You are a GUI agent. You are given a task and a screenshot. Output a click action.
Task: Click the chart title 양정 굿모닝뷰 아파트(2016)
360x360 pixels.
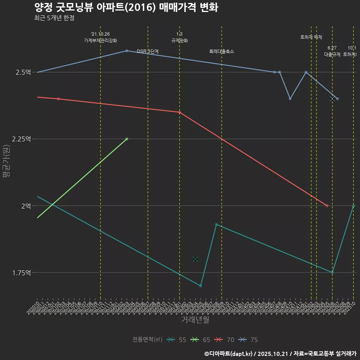(126, 7)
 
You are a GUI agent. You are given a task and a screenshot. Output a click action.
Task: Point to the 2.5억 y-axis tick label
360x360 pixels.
(23, 72)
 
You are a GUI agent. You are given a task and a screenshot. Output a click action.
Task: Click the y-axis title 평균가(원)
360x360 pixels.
(7, 161)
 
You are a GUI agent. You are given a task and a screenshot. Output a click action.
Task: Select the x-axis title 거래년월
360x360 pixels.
(195, 320)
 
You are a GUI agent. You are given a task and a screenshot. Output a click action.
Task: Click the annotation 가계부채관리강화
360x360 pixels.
(100, 40)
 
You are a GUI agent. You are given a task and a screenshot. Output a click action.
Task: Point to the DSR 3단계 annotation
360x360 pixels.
(148, 51)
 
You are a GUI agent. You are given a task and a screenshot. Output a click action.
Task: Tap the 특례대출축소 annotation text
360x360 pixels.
(221, 51)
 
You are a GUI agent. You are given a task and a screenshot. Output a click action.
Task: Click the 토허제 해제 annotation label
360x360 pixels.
(311, 37)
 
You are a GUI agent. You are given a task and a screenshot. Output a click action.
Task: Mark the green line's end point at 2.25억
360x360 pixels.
(127, 139)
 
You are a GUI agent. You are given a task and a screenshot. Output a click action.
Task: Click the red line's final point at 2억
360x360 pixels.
(327, 206)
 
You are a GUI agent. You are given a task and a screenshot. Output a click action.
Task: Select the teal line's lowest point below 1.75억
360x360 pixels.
(201, 286)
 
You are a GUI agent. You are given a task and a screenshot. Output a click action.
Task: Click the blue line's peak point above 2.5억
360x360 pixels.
(127, 51)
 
